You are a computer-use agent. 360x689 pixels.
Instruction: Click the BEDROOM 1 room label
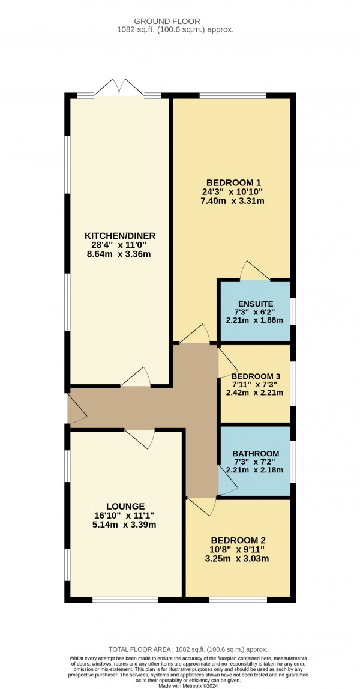click(x=234, y=182)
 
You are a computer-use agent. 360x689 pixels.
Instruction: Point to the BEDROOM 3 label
click(x=254, y=373)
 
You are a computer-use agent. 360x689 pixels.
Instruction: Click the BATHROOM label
click(x=256, y=453)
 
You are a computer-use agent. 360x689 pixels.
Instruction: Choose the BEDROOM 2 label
click(x=238, y=540)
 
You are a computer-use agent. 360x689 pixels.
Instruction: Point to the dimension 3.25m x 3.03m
click(x=238, y=559)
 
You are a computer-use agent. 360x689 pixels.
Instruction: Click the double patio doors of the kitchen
click(x=119, y=88)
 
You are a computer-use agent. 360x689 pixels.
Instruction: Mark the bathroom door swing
click(x=228, y=483)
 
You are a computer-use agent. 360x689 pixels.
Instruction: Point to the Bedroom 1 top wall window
click(x=233, y=95)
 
